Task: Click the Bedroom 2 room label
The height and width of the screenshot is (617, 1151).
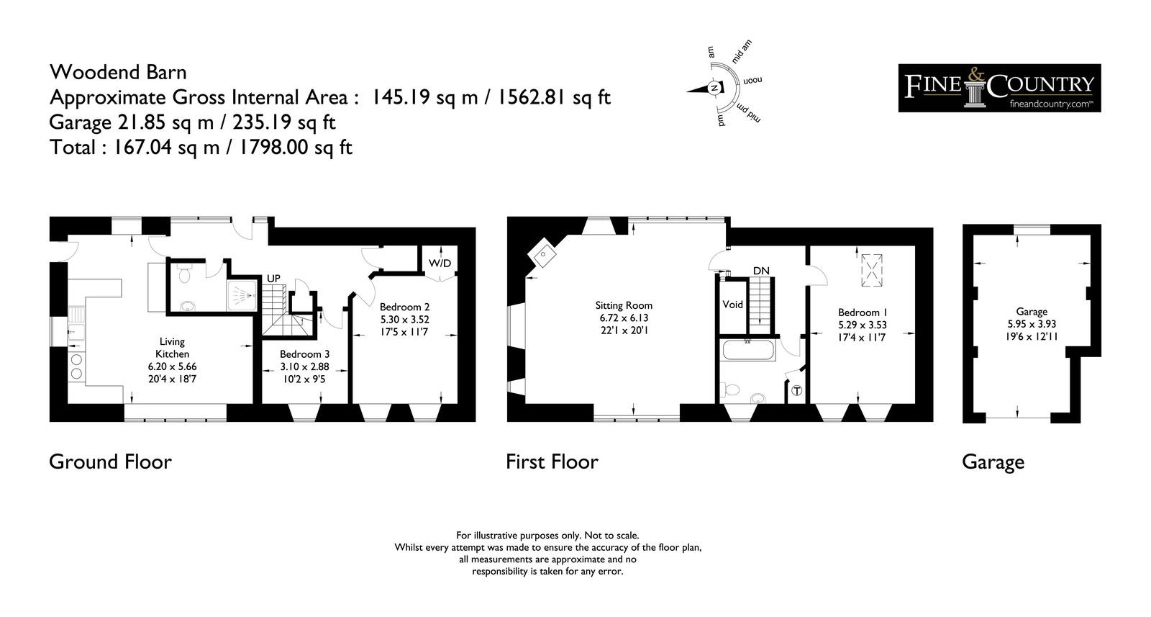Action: (x=404, y=307)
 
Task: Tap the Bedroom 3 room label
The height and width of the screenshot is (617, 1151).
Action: (x=304, y=354)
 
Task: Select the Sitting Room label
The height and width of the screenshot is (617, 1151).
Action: (x=623, y=306)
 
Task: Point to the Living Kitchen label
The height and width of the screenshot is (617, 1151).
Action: (x=172, y=348)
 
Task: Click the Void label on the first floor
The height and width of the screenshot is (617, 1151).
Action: (x=732, y=305)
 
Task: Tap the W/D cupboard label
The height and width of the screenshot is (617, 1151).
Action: (x=440, y=264)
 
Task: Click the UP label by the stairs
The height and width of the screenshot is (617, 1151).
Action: (x=273, y=278)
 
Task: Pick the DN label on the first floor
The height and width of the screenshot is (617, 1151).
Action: (x=761, y=271)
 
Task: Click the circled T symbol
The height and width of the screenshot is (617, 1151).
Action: (x=796, y=391)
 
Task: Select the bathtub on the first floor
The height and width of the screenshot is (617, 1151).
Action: (x=747, y=350)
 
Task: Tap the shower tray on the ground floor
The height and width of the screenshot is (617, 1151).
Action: (x=242, y=296)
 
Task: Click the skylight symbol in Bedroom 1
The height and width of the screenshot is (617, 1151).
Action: (x=871, y=270)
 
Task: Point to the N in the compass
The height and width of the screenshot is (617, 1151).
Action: (x=714, y=88)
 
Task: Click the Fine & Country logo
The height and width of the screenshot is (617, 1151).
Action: (x=999, y=88)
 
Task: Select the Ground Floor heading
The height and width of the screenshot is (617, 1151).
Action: (x=110, y=461)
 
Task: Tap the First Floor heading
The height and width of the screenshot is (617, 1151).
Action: (x=552, y=461)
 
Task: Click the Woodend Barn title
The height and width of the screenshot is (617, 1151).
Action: (x=118, y=72)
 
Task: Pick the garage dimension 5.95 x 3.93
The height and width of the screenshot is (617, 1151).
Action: (x=1032, y=324)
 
